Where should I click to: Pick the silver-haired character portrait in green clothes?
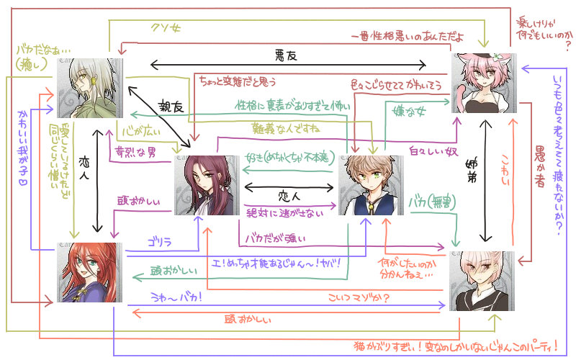pyautogui.click(x=90, y=88)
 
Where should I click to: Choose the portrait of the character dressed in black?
pyautogui.click(x=482, y=279)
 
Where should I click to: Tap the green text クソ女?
pyautogui.click(x=166, y=28)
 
